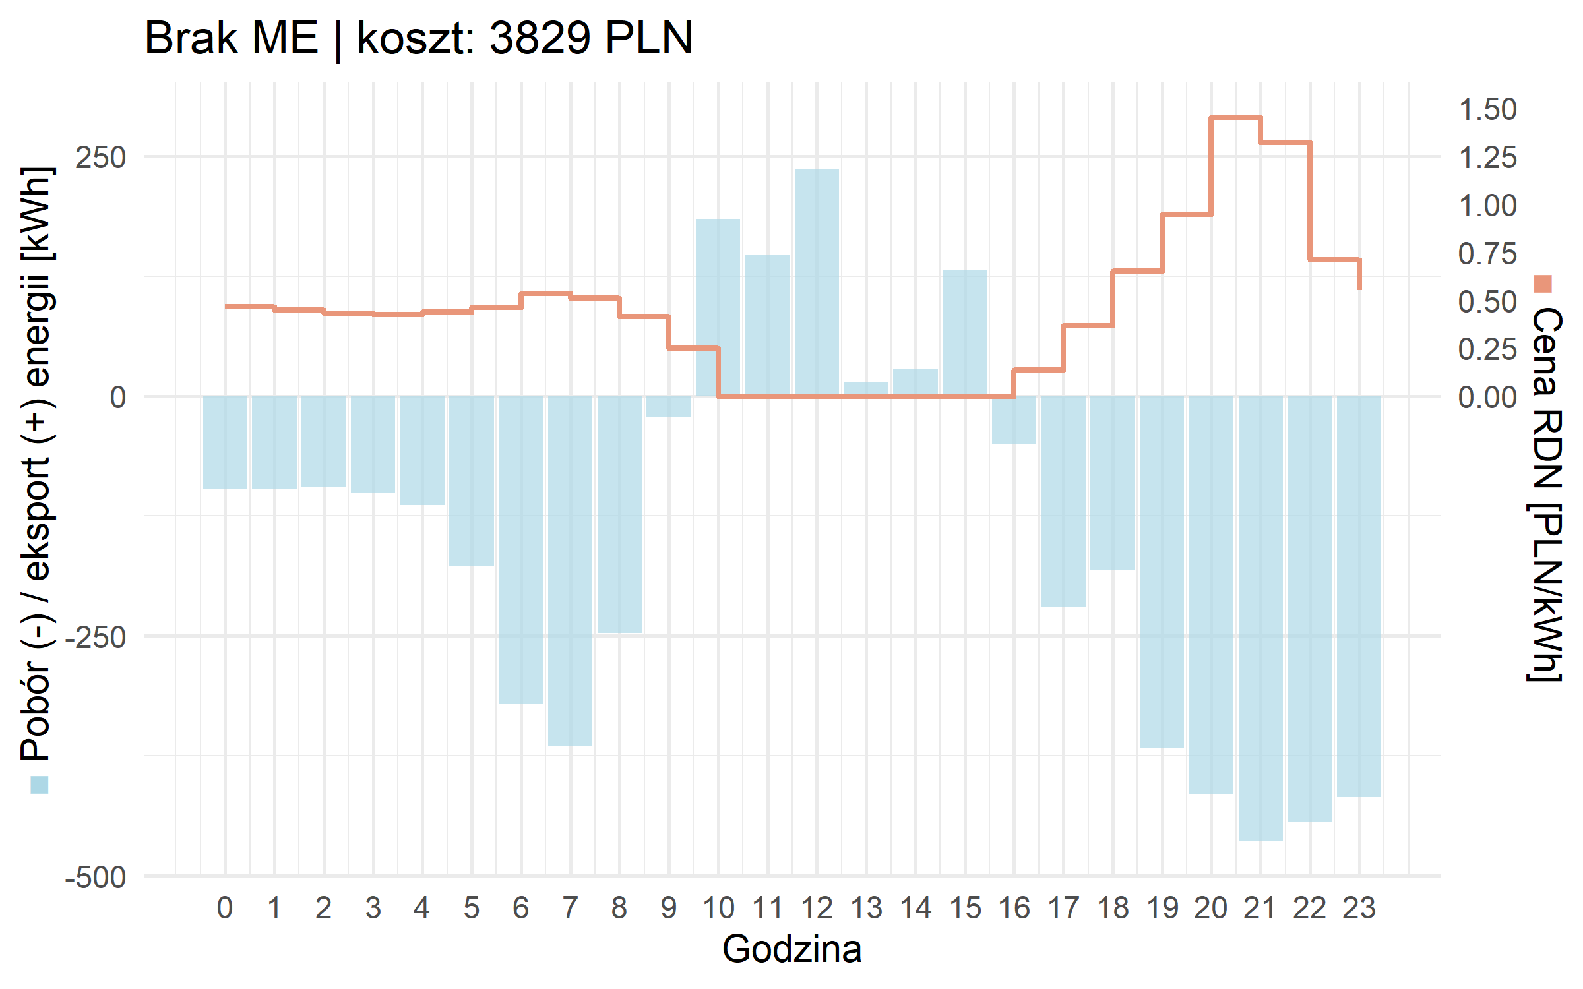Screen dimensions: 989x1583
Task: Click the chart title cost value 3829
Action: (x=540, y=38)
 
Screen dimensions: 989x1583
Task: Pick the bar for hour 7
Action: (x=570, y=570)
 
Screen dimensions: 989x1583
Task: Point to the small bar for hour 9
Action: (x=669, y=407)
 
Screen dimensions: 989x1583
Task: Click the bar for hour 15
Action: (x=964, y=332)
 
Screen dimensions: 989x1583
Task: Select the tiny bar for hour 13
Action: (x=866, y=389)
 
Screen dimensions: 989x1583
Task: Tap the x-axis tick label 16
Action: (x=1014, y=909)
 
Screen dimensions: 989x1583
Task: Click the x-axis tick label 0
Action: (x=225, y=909)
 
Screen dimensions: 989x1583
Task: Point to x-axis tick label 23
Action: (x=1359, y=909)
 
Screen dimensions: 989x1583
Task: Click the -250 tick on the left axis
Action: (x=96, y=638)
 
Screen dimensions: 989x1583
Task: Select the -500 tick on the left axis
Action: (x=96, y=878)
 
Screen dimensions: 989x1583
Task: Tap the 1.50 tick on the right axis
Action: (x=1487, y=109)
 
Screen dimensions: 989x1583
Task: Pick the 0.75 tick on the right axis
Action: (x=1487, y=254)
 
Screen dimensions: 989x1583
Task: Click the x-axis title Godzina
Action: (x=791, y=949)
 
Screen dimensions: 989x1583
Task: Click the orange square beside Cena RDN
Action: (x=1543, y=284)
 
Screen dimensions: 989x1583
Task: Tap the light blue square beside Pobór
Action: (x=40, y=785)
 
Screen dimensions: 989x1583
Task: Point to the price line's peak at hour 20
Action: (x=1235, y=117)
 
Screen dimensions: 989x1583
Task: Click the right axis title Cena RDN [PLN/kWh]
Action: (x=1545, y=494)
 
